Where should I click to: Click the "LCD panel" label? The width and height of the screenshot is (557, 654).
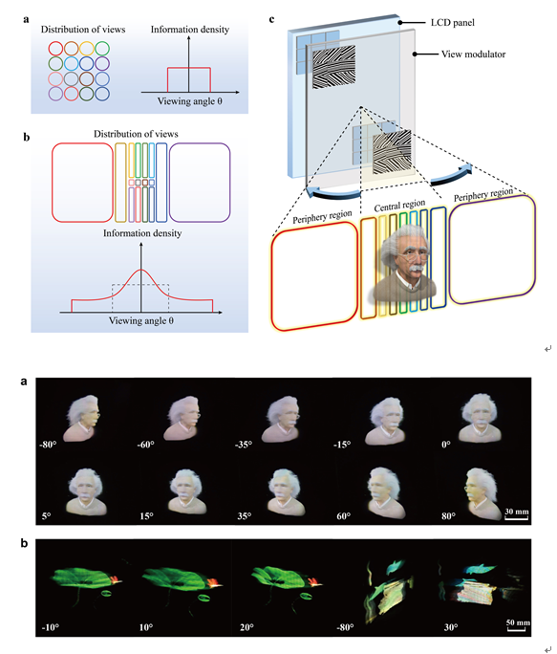(452, 23)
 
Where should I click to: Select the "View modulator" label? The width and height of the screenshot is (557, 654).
(473, 54)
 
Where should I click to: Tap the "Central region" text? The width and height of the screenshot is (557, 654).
(399, 206)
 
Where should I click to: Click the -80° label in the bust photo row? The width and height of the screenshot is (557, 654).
(48, 445)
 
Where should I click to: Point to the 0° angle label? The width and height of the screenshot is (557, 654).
(446, 445)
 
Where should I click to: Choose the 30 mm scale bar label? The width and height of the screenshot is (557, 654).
(517, 512)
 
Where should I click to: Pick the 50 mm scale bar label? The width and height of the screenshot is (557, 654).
(518, 622)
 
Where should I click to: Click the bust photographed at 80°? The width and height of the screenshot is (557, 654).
(482, 493)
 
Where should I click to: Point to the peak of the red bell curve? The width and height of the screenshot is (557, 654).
(141, 270)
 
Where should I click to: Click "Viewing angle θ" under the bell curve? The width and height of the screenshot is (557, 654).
(141, 320)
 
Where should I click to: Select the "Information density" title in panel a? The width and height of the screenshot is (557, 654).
(190, 30)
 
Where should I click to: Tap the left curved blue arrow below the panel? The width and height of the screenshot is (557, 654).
(332, 194)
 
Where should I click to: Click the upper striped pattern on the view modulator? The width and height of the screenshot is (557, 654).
(334, 67)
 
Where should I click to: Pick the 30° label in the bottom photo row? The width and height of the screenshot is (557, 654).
(451, 627)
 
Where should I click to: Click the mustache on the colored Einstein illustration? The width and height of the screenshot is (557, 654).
(416, 271)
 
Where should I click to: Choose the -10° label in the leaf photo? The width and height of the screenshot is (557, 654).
(50, 627)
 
